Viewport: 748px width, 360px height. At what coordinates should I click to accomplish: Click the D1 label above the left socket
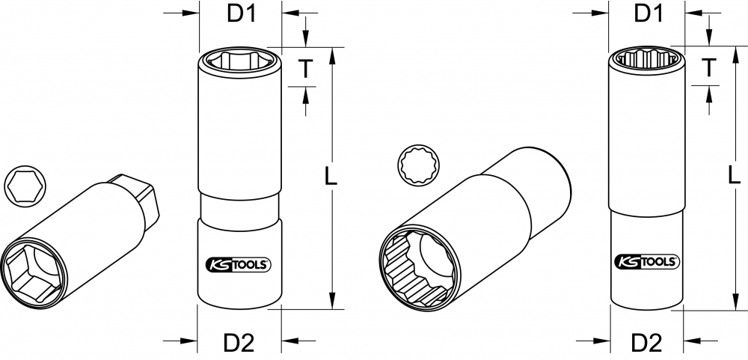pyautogui.click(x=242, y=13)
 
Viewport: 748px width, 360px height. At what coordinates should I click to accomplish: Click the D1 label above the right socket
pyautogui.click(x=649, y=13)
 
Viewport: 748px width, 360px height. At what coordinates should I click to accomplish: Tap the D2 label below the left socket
pyautogui.click(x=239, y=342)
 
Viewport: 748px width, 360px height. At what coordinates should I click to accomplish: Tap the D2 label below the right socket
pyautogui.click(x=647, y=342)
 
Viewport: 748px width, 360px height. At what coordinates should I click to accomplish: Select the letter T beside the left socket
pyautogui.click(x=305, y=68)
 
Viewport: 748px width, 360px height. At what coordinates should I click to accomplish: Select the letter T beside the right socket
pyautogui.click(x=709, y=67)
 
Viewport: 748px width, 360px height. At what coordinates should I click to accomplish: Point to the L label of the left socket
pyautogui.click(x=331, y=176)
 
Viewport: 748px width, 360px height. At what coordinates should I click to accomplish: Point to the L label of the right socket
pyautogui.click(x=735, y=174)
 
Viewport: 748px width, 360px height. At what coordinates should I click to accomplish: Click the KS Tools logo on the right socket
pyautogui.click(x=647, y=261)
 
